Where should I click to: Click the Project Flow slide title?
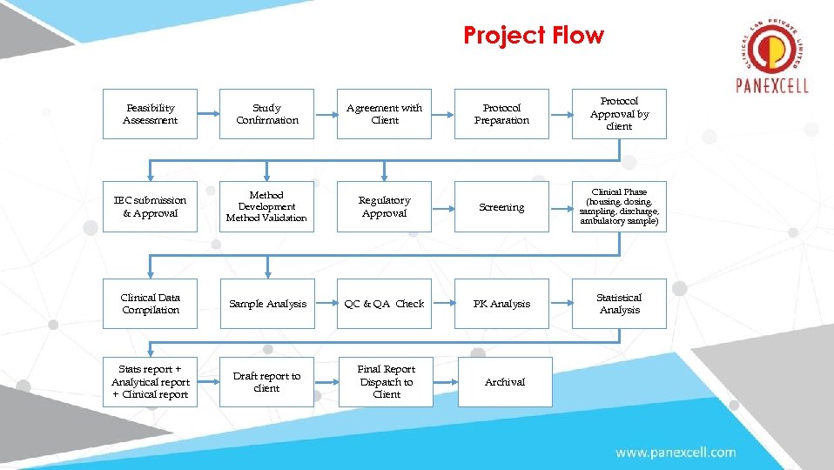pyautogui.click(x=533, y=36)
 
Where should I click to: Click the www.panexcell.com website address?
pyautogui.click(x=676, y=453)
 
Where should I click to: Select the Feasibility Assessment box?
pyautogui.click(x=150, y=114)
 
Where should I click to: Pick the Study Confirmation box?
pyautogui.click(x=267, y=114)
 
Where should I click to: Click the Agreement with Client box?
pyautogui.click(x=384, y=114)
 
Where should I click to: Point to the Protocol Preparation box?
pyautogui.click(x=501, y=114)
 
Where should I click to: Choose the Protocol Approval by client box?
pyautogui.click(x=619, y=114)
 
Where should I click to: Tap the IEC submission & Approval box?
pyautogui.click(x=150, y=207)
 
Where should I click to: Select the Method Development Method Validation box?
pyautogui.click(x=267, y=207)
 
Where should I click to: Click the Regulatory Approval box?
pyautogui.click(x=384, y=207)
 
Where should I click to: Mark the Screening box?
pyautogui.click(x=501, y=207)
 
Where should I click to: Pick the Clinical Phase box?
pyautogui.click(x=619, y=207)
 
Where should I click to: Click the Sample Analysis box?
pyautogui.click(x=267, y=304)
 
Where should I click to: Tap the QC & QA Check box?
pyautogui.click(x=384, y=304)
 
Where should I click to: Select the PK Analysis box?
pyautogui.click(x=501, y=304)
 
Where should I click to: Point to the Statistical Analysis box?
pyautogui.click(x=619, y=304)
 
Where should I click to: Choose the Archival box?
pyautogui.click(x=505, y=382)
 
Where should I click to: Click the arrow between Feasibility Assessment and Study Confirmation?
pyautogui.click(x=208, y=114)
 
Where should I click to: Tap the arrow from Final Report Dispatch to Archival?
pyautogui.click(x=445, y=382)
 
